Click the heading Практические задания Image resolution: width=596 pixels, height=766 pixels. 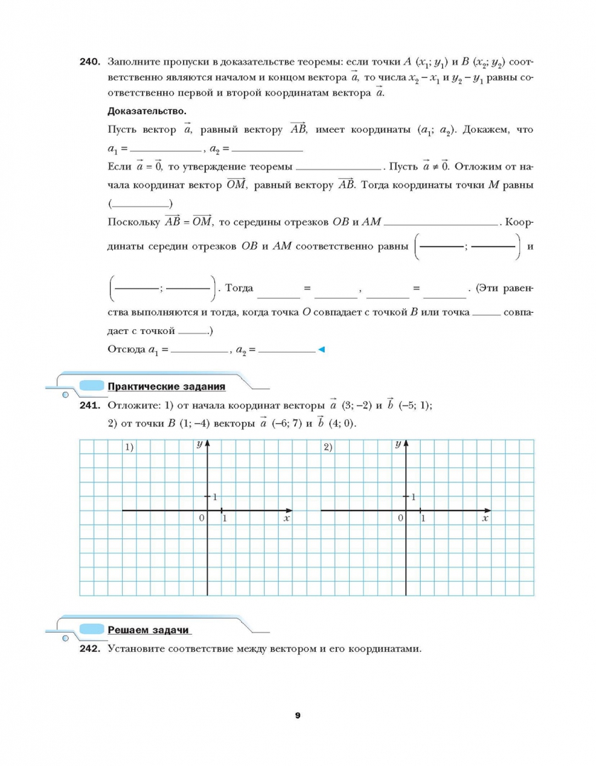pyautogui.click(x=166, y=387)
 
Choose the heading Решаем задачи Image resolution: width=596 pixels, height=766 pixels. pyautogui.click(x=149, y=630)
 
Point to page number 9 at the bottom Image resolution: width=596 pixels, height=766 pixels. pyautogui.click(x=297, y=716)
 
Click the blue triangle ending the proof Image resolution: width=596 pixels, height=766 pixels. pyautogui.click(x=321, y=349)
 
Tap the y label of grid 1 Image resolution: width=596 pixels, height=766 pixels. pyautogui.click(x=199, y=444)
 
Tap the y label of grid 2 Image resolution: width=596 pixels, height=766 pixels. pyautogui.click(x=398, y=444)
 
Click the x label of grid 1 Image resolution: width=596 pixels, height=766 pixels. pyautogui.click(x=286, y=519)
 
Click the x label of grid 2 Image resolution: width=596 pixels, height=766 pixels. pyautogui.click(x=485, y=519)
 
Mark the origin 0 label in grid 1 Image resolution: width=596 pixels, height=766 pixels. pyautogui.click(x=202, y=518)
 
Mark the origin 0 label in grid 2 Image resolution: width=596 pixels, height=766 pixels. pyautogui.click(x=400, y=518)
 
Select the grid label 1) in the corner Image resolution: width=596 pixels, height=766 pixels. pyautogui.click(x=130, y=447)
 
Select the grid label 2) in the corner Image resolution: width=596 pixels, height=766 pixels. pyautogui.click(x=328, y=447)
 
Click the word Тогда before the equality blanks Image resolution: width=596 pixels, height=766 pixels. pyautogui.click(x=238, y=288)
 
